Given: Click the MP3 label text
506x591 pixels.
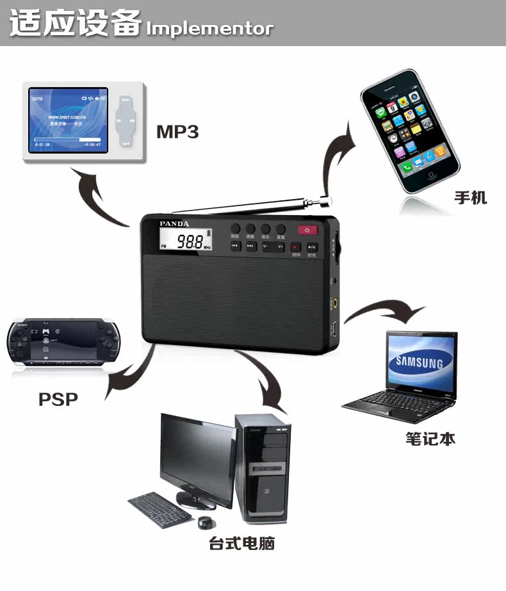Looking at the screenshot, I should click(177, 132).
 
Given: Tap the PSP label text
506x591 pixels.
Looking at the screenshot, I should click(58, 400).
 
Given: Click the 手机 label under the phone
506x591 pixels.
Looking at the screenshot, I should click(471, 197).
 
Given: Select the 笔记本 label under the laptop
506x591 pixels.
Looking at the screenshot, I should click(430, 439).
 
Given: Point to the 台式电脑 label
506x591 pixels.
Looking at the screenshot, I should click(241, 544).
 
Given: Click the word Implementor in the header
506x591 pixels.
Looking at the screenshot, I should click(209, 29).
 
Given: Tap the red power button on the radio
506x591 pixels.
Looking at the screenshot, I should click(307, 231).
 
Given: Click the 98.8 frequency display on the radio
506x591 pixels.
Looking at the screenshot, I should click(190, 242).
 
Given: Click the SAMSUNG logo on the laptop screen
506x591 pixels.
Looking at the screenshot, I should click(419, 363).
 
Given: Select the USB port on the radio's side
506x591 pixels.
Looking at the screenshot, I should click(333, 330).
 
